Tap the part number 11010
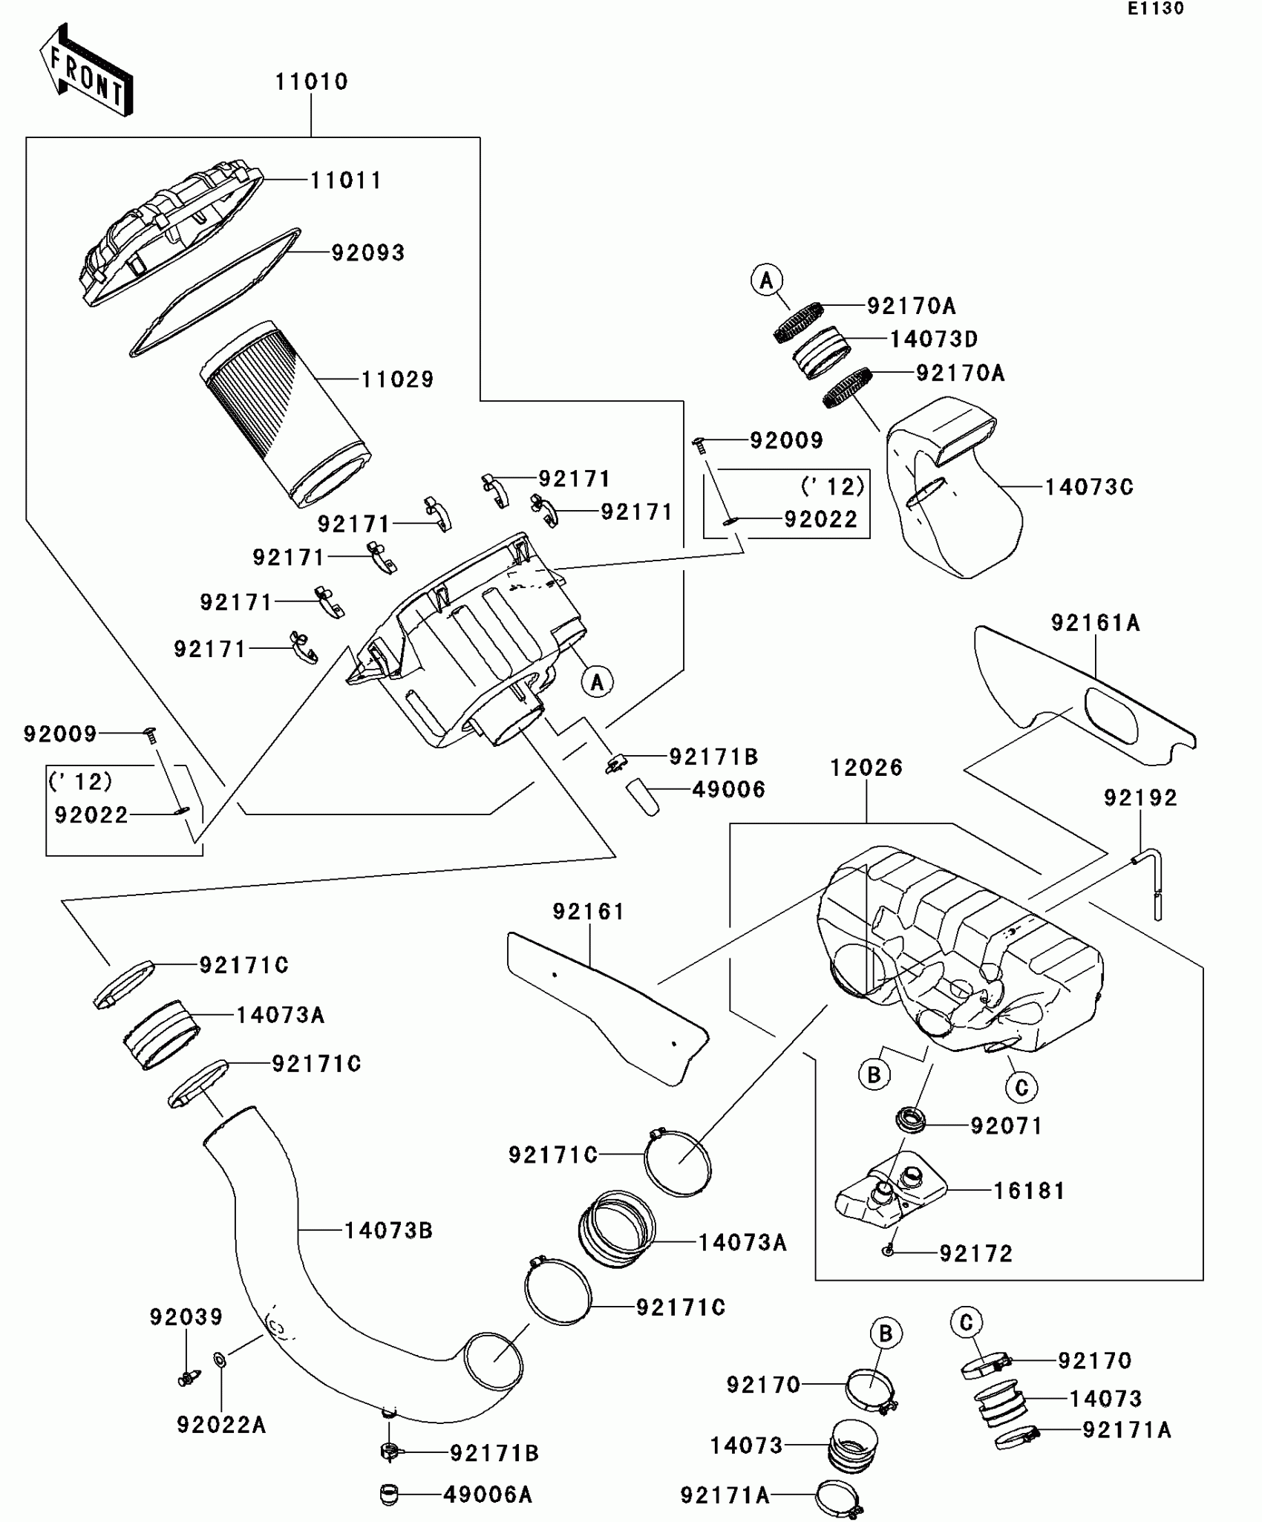(x=312, y=82)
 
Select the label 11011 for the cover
(x=346, y=180)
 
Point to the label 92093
(x=368, y=253)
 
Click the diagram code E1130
(x=1156, y=9)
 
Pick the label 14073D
(x=934, y=339)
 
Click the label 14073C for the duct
(x=1089, y=487)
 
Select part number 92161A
(x=1095, y=623)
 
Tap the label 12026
(x=866, y=768)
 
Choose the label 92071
(x=1007, y=1126)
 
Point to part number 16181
(x=1029, y=1191)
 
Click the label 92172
(x=976, y=1254)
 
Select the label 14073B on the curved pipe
(x=388, y=1231)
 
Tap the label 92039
(x=186, y=1317)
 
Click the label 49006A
(x=488, y=1495)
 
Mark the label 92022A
(x=221, y=1425)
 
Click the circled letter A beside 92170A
(x=767, y=281)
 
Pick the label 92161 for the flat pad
(x=589, y=912)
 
